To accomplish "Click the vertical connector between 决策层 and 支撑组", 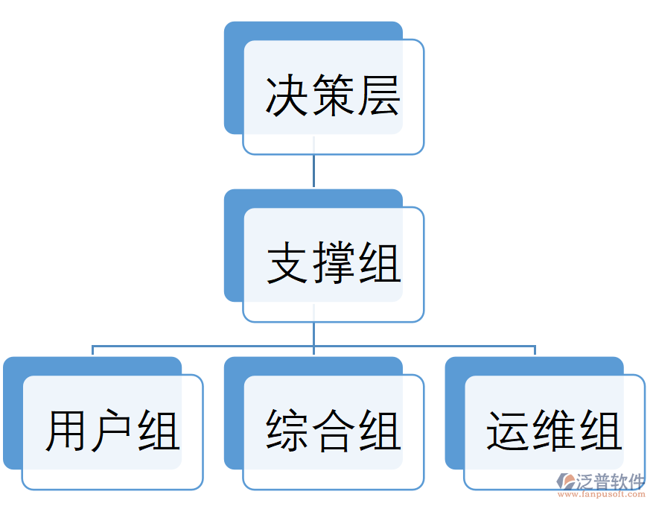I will [313, 171].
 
